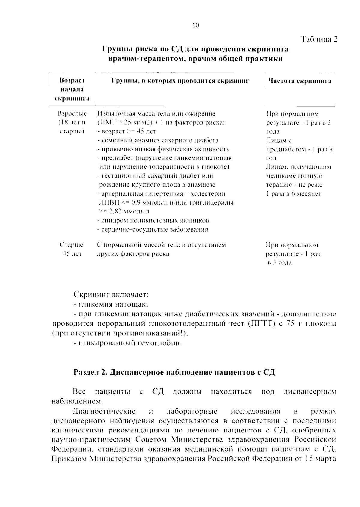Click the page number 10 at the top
[x=195, y=25]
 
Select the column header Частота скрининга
[x=300, y=81]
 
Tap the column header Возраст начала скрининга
[x=72, y=89]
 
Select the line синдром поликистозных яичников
[x=153, y=221]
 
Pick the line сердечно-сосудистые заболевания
[x=153, y=229]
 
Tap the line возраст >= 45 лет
[x=127, y=131]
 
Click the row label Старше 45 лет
[x=71, y=249]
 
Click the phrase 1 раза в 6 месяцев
[x=294, y=194]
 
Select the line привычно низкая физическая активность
[x=163, y=149]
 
